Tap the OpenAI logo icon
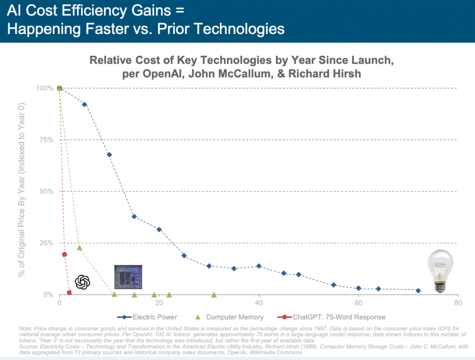[82, 282]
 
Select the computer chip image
[128, 278]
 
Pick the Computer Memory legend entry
[229, 317]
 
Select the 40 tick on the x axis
[259, 303]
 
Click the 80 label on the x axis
[458, 303]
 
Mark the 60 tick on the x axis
[359, 303]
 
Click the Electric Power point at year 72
[418, 290]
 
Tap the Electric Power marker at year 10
[109, 154]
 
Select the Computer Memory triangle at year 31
[214, 295]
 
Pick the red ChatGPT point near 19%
[64, 254]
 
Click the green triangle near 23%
[79, 248]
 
